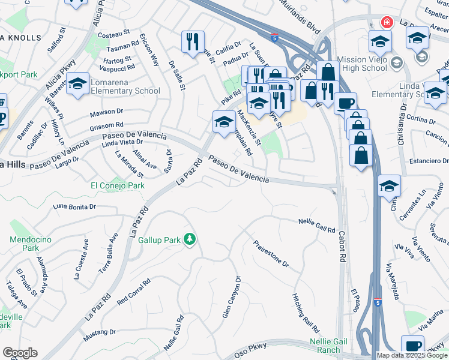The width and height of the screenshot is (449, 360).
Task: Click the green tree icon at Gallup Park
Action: pyautogui.click(x=190, y=239)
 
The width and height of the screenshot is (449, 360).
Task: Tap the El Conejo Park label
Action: pyautogui.click(x=118, y=185)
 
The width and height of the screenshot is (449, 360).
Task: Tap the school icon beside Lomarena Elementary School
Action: pyautogui.click(x=78, y=84)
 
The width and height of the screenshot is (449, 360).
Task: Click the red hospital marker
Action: pyautogui.click(x=387, y=23)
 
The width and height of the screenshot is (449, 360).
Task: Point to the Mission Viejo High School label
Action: pyautogui.click(x=362, y=64)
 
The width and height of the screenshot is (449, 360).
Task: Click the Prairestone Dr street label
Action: pyautogui.click(x=271, y=254)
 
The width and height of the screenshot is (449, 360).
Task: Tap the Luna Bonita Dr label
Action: pyautogui.click(x=75, y=206)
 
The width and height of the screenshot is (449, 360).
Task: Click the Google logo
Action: pyautogui.click(x=20, y=353)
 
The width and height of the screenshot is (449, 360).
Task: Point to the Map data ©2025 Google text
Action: pyautogui.click(x=411, y=355)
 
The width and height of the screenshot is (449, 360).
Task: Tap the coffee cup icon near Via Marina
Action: pyautogui.click(x=412, y=346)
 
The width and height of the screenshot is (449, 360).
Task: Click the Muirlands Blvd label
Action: pyautogui.click(x=300, y=10)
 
